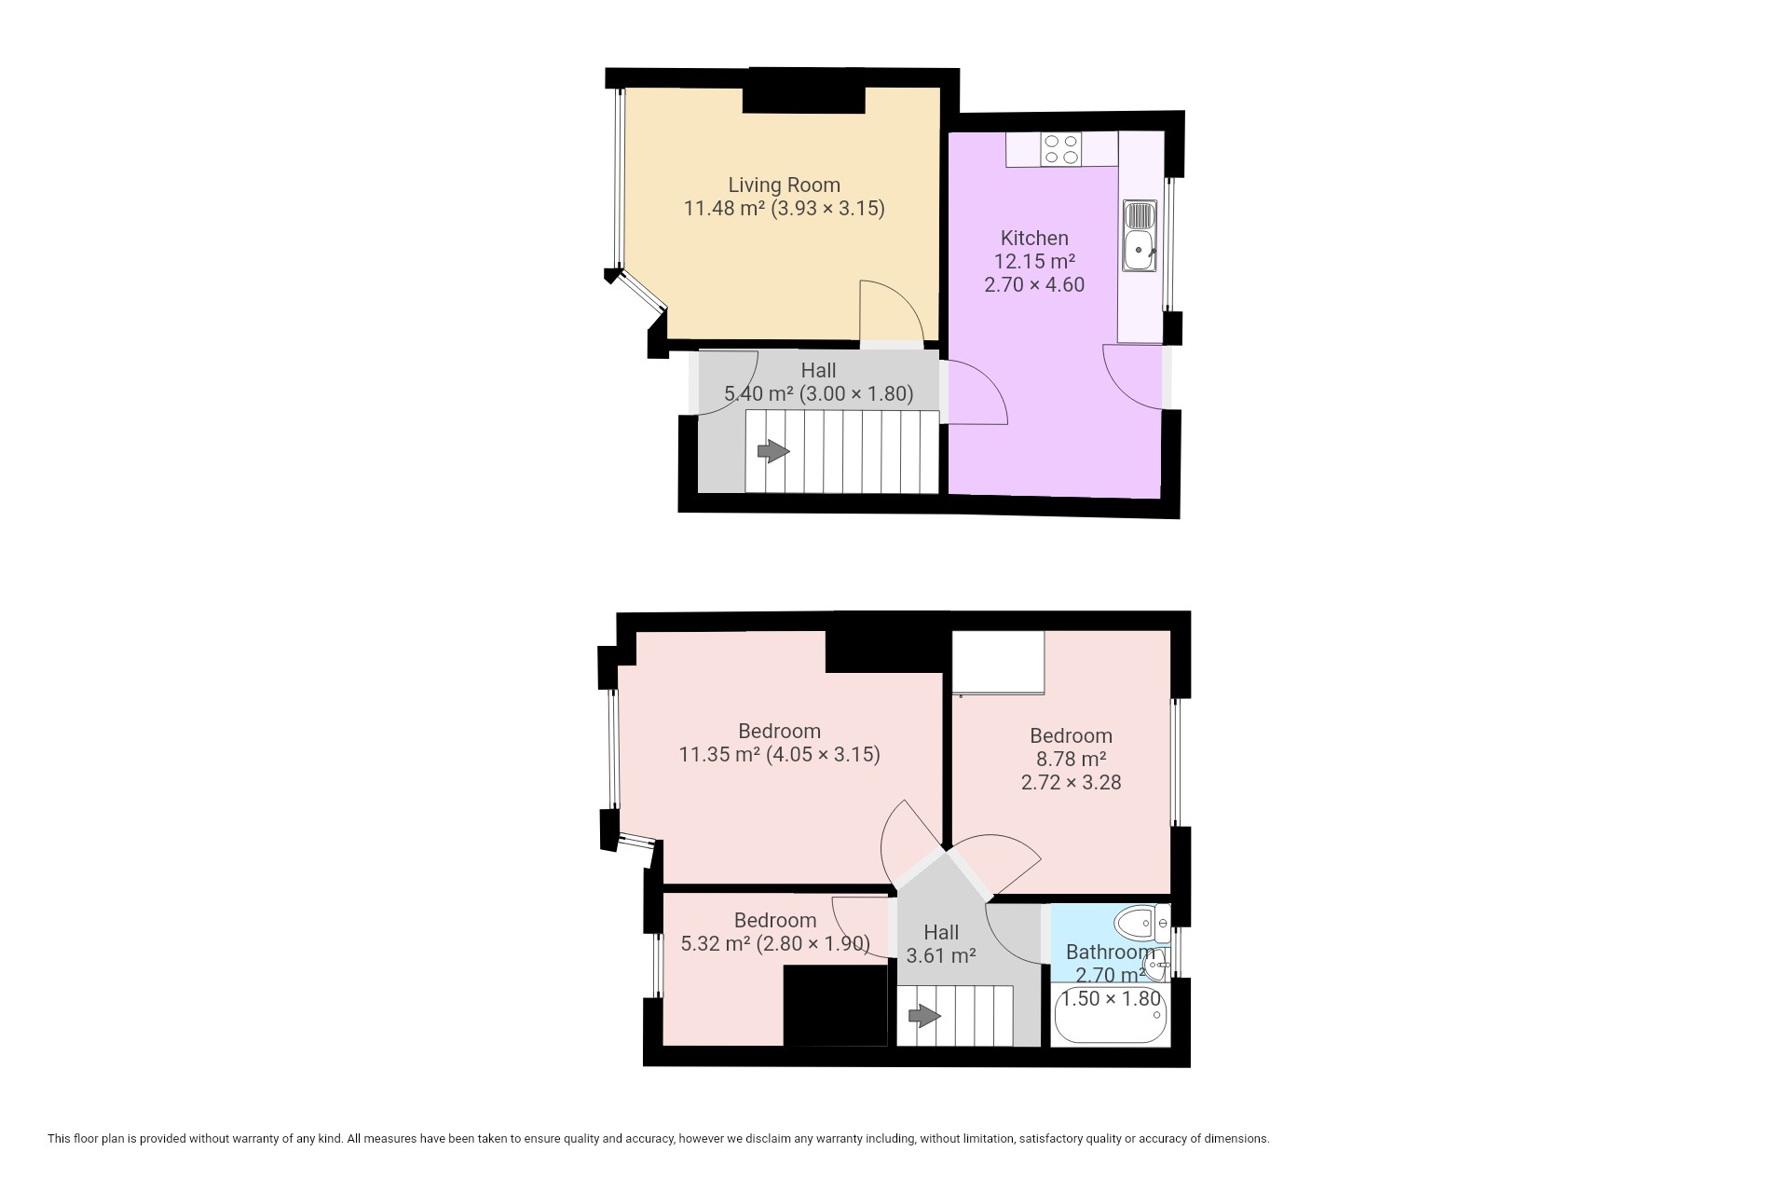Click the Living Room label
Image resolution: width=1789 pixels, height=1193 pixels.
click(784, 185)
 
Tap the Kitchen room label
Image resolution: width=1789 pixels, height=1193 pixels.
click(1034, 238)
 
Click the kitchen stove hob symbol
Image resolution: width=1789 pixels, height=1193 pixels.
click(1061, 149)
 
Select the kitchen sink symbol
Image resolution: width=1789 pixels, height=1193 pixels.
click(1140, 236)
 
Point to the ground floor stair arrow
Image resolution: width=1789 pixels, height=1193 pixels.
click(773, 452)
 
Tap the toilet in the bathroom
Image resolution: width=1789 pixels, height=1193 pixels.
click(1142, 923)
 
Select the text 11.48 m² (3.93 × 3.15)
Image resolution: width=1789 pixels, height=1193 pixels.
click(784, 208)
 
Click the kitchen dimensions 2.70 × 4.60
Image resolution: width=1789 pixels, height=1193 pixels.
click(1034, 284)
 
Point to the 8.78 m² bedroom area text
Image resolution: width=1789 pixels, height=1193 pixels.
click(1071, 759)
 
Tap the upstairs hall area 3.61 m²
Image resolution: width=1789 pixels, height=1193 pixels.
click(941, 955)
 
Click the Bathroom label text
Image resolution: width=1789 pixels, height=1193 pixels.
click(1110, 952)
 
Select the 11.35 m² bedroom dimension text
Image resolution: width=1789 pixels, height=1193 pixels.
click(779, 754)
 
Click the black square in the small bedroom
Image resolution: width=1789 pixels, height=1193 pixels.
click(836, 1006)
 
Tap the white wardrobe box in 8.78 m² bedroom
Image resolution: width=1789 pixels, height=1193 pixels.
click(998, 663)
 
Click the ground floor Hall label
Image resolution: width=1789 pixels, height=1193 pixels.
click(818, 370)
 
